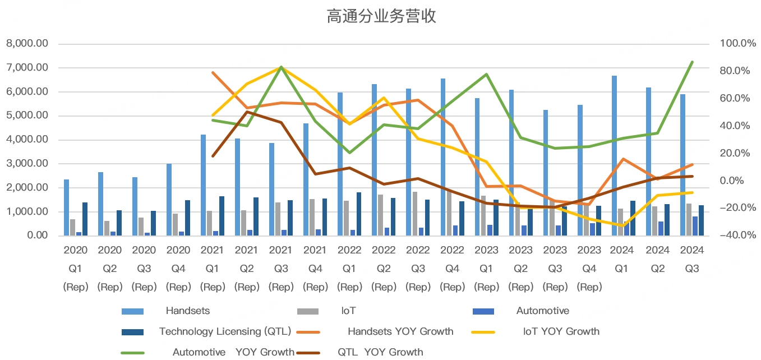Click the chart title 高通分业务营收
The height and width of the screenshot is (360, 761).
381,17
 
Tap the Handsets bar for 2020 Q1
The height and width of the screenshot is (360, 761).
66,207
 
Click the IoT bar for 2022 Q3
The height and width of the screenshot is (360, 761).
415,214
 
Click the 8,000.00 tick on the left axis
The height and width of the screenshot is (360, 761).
26,44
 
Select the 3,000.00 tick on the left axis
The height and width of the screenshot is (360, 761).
26,164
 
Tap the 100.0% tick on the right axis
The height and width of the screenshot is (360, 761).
733,44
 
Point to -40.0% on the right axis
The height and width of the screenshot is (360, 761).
733,236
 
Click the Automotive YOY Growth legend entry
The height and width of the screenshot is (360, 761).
233,352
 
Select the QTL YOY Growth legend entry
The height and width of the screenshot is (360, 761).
380,352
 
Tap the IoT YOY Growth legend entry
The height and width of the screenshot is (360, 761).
561,331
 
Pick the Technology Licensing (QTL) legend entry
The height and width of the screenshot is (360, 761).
224,331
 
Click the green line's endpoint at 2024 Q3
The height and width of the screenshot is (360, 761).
692,62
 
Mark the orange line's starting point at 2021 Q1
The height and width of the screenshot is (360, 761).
213,72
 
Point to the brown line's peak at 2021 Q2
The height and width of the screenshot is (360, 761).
247,112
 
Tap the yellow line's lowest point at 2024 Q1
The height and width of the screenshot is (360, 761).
623,225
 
